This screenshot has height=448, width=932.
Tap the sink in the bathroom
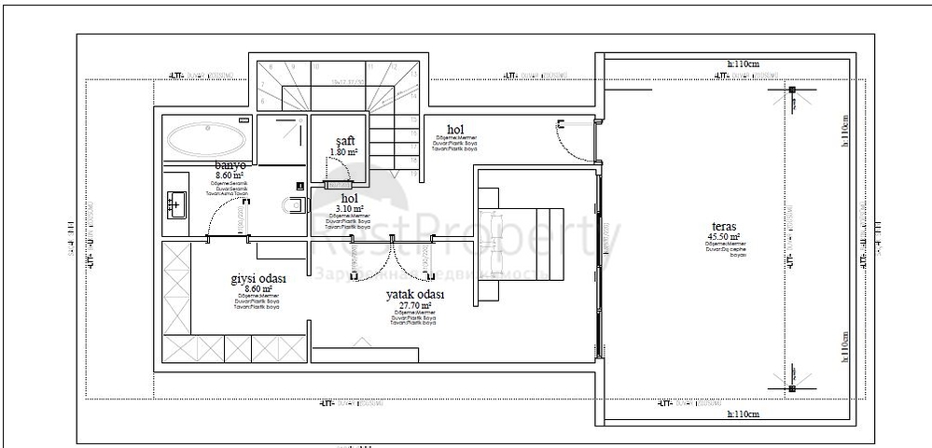[x=176, y=203]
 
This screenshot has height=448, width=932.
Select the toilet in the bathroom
[x=294, y=204]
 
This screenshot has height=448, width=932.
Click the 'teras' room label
[x=724, y=227]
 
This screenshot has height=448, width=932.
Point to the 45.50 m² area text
[x=724, y=237]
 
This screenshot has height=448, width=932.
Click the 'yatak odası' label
[x=415, y=294]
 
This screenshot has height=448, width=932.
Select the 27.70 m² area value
[x=415, y=305]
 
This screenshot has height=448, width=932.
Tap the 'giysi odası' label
[x=257, y=279]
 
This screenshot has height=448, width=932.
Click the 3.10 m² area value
[x=349, y=208]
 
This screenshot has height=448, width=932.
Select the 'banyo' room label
[x=228, y=164]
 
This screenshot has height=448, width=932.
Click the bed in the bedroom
[x=522, y=243]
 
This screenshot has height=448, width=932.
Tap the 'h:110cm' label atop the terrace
[x=743, y=63]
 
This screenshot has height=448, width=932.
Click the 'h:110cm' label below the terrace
[x=743, y=413]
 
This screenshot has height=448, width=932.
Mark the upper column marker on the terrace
[x=791, y=91]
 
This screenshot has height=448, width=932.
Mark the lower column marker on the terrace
[x=791, y=387]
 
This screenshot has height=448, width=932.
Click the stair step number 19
[x=412, y=174]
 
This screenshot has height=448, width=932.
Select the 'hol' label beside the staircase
[x=455, y=130]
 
